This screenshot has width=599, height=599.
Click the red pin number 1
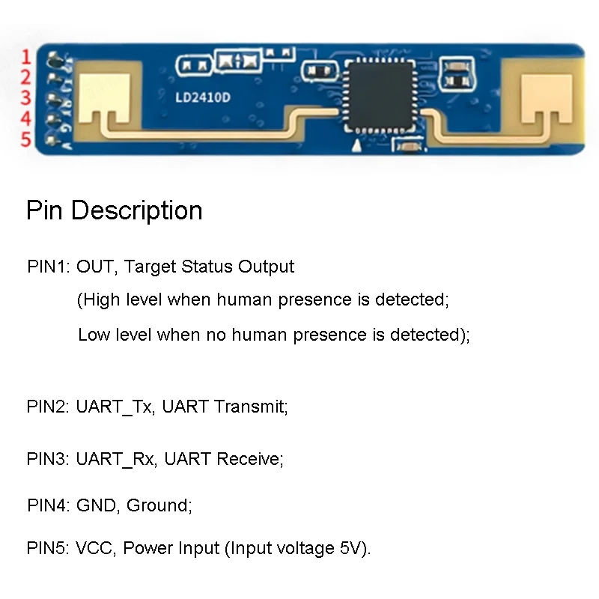25,57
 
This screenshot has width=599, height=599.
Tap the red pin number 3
25,98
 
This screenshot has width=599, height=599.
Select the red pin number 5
25,139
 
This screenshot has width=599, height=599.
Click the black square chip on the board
378,97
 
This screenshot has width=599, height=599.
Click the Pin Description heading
114,210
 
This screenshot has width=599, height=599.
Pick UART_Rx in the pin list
115,458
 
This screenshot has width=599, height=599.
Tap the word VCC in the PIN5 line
94,548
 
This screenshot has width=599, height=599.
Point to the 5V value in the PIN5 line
350,548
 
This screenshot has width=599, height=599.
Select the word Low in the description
94,334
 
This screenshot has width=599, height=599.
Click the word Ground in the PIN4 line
158,505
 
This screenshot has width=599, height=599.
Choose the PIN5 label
48,548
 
